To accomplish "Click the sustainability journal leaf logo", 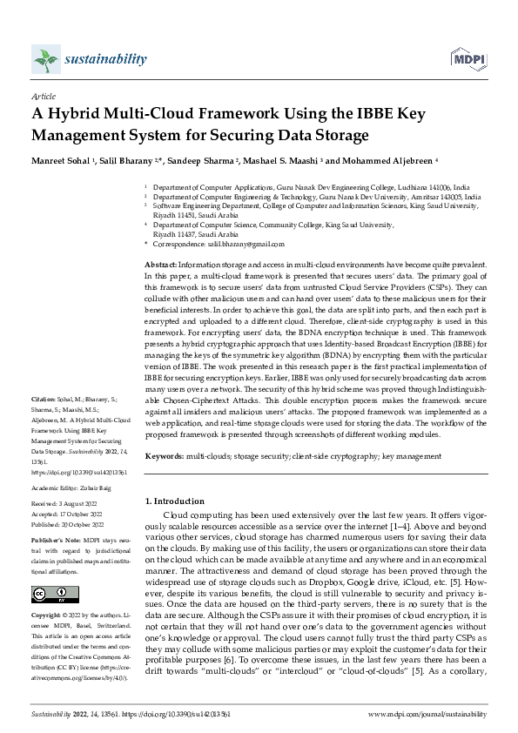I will pos(45,59).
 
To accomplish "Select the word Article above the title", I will pos(43,97).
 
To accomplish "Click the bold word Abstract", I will pos(161,264).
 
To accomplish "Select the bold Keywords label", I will pos(164,456).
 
